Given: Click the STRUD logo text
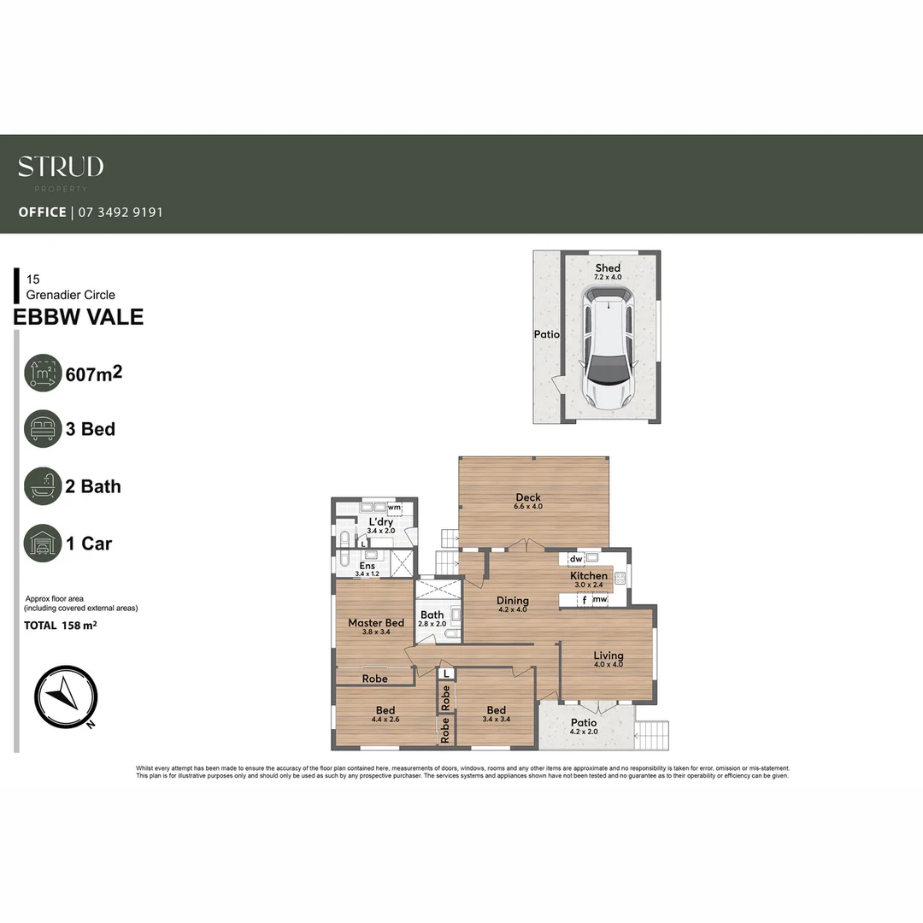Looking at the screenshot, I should tap(61, 167).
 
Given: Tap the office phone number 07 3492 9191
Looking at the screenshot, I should tap(120, 212).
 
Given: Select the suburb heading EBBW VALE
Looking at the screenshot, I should tap(79, 318).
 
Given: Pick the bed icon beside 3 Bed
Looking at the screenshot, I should tap(43, 429).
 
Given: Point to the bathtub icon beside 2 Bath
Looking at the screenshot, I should tap(43, 486).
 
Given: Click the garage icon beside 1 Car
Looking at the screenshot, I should tap(43, 544).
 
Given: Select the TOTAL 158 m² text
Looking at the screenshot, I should tap(60, 626).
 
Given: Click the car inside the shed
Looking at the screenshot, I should tap(608, 346).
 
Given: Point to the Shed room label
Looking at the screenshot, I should tap(608, 268).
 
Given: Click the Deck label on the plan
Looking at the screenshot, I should tap(528, 498).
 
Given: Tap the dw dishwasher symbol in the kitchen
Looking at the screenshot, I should tap(576, 559).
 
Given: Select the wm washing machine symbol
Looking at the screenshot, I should tap(394, 508).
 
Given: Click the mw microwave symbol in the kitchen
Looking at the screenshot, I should tap(601, 600).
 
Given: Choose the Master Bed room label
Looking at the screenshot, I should tap(375, 623).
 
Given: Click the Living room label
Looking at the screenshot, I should tap(608, 656).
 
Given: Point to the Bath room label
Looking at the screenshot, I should tap(432, 614).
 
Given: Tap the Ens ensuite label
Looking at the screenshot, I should tap(367, 566).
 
